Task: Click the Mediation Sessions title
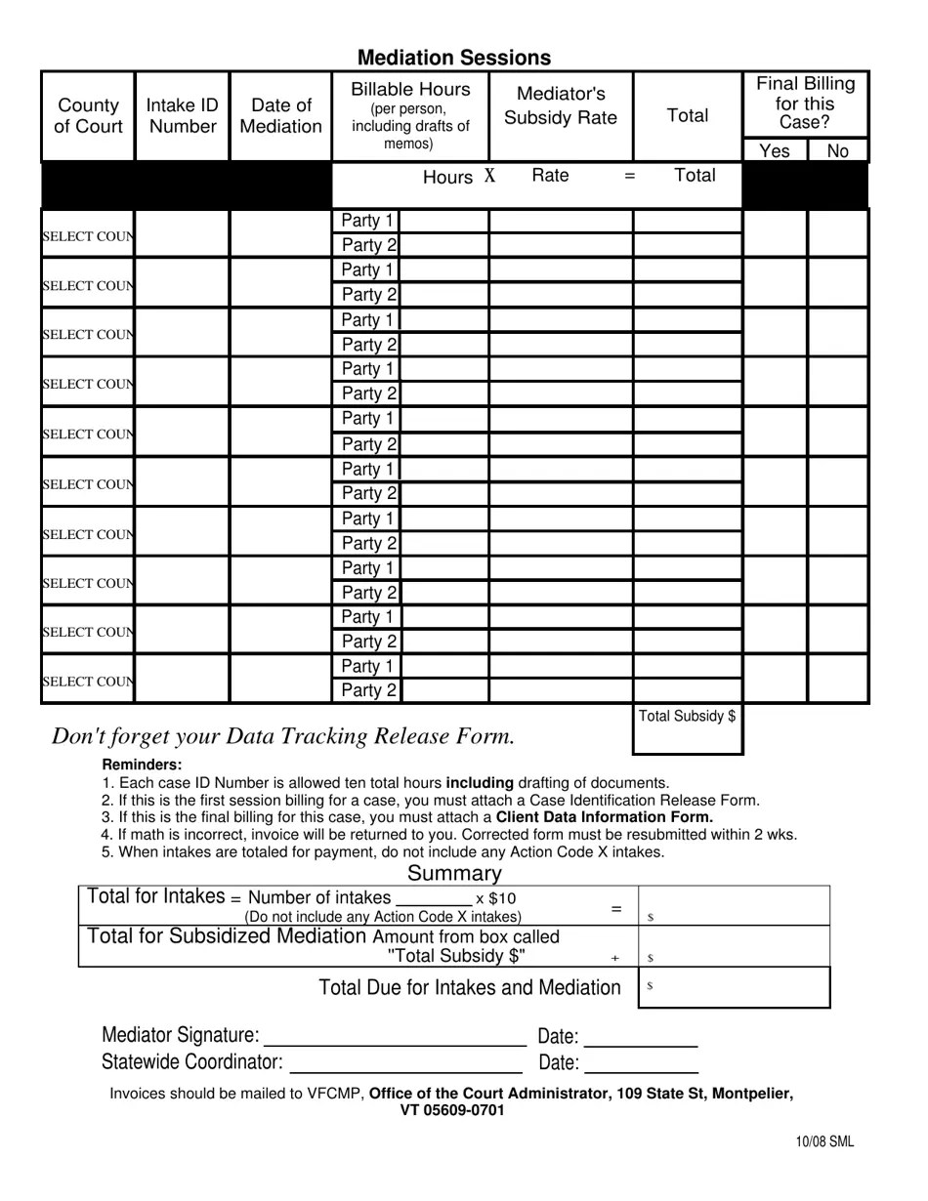(x=453, y=58)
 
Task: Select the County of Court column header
(x=88, y=116)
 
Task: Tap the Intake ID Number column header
(x=183, y=116)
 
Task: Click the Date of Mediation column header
(x=280, y=116)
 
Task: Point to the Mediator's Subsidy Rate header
(x=561, y=105)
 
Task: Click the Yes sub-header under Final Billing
(x=775, y=150)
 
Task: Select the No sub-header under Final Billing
(x=838, y=150)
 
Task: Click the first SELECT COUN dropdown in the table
(x=88, y=236)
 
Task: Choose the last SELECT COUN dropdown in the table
(x=88, y=682)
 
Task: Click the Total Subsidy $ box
(x=688, y=729)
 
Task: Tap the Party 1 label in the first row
(x=366, y=221)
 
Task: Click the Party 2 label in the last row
(x=368, y=691)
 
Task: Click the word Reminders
(x=142, y=765)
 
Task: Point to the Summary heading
(x=454, y=873)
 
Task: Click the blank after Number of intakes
(x=434, y=898)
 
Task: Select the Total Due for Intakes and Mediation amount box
(x=734, y=987)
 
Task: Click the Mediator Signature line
(x=395, y=1036)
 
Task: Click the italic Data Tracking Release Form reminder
(x=283, y=736)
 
